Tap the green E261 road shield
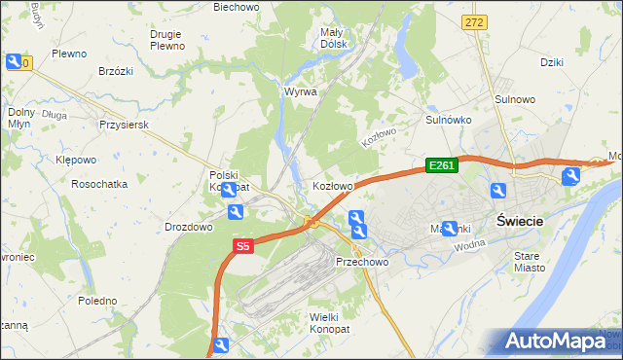(x=442, y=166)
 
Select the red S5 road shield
(x=243, y=247)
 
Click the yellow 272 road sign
(x=474, y=21)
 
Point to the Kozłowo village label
(x=332, y=185)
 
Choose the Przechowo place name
(x=362, y=263)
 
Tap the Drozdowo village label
(x=189, y=227)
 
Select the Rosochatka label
(x=99, y=183)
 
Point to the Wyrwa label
(x=300, y=91)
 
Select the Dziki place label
(x=553, y=61)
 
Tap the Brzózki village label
(x=116, y=71)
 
